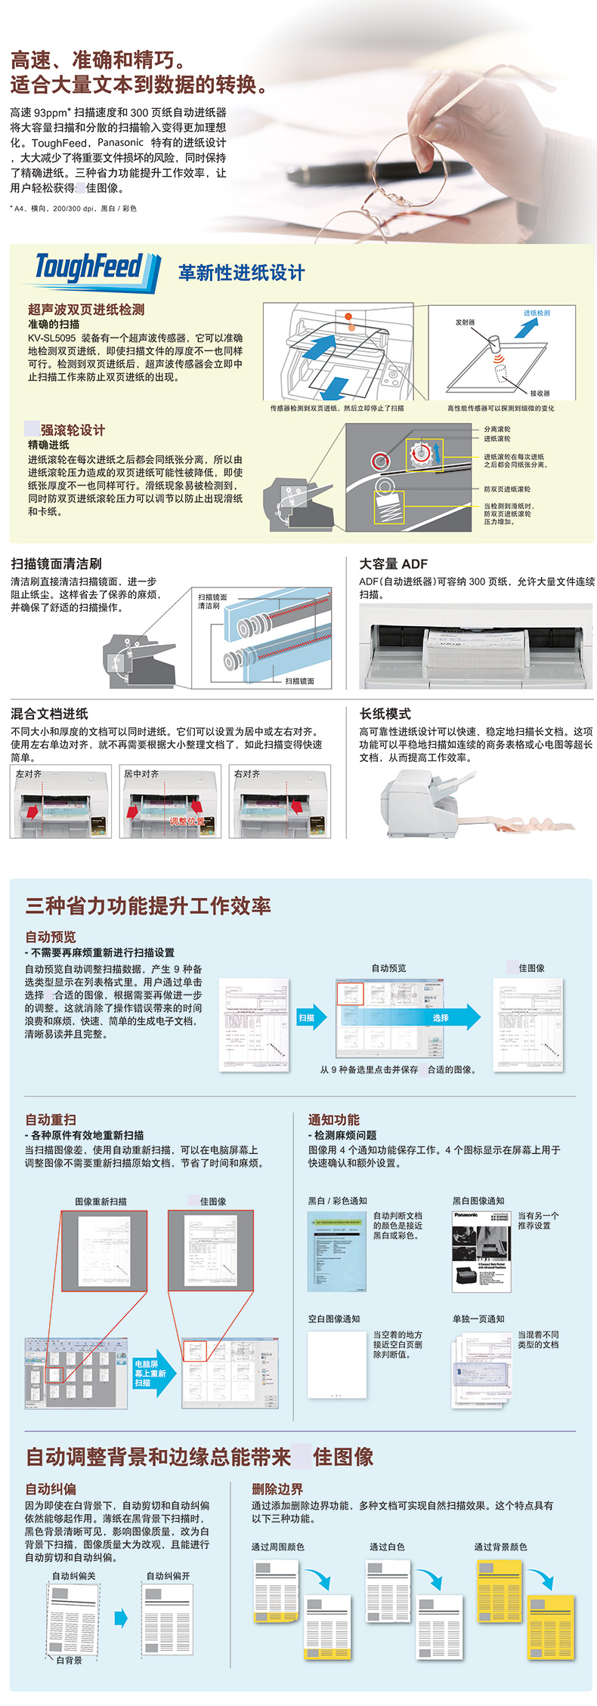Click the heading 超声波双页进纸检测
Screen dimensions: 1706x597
tap(86, 310)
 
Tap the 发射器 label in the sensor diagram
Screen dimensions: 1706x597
tap(466, 322)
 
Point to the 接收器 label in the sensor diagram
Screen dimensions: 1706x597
tap(540, 393)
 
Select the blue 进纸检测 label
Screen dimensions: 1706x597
tap(537, 313)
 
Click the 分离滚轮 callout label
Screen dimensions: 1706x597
tap(497, 429)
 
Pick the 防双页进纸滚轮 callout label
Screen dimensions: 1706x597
tap(507, 489)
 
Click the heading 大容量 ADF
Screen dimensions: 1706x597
tap(393, 563)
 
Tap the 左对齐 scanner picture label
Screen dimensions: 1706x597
tap(29, 774)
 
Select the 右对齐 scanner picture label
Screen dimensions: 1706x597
tap(247, 774)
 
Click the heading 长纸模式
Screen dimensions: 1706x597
tap(385, 714)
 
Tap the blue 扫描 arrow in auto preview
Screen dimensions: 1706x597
tap(309, 1018)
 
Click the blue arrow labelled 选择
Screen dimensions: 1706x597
tap(442, 1018)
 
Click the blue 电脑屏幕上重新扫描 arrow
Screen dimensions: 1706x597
tap(152, 1373)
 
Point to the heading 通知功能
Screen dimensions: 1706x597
tap(333, 1119)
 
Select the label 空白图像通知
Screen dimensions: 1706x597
tap(334, 1319)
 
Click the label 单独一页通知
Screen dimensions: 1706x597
tap(478, 1319)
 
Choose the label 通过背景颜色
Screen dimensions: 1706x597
tap(500, 1547)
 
